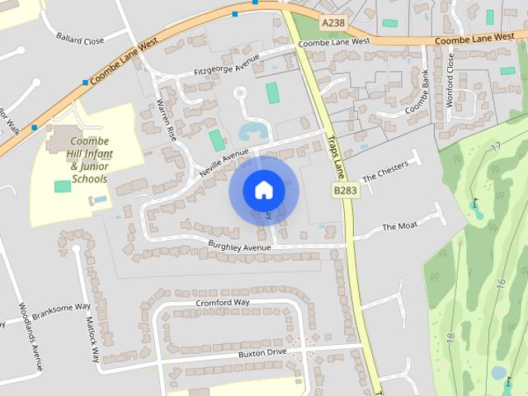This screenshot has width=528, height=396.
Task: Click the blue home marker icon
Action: tap(263, 191)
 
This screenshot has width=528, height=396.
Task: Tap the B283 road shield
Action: tap(346, 191)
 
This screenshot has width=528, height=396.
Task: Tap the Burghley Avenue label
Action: tap(239, 247)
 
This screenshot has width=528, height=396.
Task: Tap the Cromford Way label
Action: tap(222, 303)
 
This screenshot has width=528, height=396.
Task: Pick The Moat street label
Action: tap(401, 226)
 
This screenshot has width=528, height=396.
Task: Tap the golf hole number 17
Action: tap(495, 146)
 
